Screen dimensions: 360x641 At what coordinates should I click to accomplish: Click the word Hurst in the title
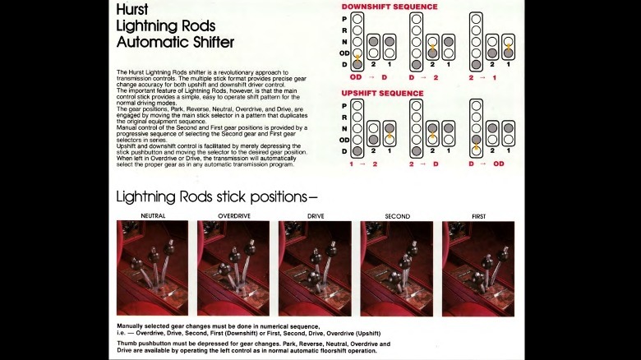click(133, 9)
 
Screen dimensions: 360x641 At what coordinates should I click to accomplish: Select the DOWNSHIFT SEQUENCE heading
click(390, 7)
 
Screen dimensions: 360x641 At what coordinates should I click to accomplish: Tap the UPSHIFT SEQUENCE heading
click(383, 93)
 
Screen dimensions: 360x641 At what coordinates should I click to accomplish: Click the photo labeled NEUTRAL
click(152, 268)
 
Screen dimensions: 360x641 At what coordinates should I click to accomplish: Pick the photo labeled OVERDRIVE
click(233, 268)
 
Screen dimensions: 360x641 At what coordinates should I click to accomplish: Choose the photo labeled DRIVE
click(315, 268)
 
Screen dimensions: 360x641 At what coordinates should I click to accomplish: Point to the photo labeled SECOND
click(396, 268)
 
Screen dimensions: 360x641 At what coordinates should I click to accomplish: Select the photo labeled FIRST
click(478, 268)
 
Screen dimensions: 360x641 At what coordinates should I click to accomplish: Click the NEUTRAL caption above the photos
click(152, 216)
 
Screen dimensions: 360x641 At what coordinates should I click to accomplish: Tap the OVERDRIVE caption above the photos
click(233, 216)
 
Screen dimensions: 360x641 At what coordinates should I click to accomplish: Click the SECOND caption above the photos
click(397, 216)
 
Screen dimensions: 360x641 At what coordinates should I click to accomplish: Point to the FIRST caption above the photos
click(478, 216)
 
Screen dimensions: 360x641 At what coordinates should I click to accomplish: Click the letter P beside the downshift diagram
click(344, 18)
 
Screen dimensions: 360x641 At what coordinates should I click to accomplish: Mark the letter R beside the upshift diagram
click(344, 117)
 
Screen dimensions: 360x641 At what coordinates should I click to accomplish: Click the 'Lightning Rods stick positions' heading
click(216, 196)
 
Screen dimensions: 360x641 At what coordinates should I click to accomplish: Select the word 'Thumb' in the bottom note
click(127, 344)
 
